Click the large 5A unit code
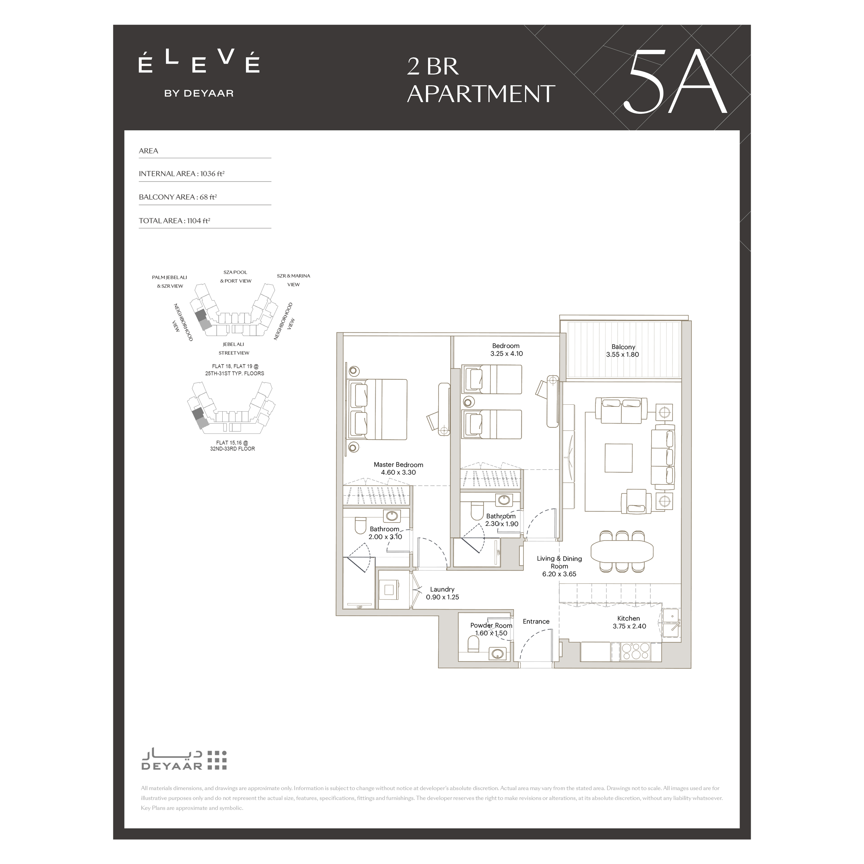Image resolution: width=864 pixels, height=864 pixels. pyautogui.click(x=676, y=86)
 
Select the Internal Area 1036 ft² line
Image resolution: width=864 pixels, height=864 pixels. pyautogui.click(x=182, y=174)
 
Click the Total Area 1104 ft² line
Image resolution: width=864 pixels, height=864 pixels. pyautogui.click(x=175, y=220)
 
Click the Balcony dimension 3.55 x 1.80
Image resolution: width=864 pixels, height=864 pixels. pyautogui.click(x=623, y=355)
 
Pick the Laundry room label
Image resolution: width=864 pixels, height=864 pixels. pyautogui.click(x=442, y=589)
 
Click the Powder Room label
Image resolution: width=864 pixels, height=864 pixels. pyautogui.click(x=491, y=625)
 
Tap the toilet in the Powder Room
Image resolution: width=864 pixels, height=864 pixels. pyautogui.click(x=473, y=644)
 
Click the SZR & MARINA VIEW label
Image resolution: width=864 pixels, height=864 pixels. pyautogui.click(x=293, y=280)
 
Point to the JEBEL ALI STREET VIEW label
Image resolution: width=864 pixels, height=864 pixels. pyautogui.click(x=234, y=348)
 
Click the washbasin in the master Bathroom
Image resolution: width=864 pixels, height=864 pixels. pyautogui.click(x=393, y=516)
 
